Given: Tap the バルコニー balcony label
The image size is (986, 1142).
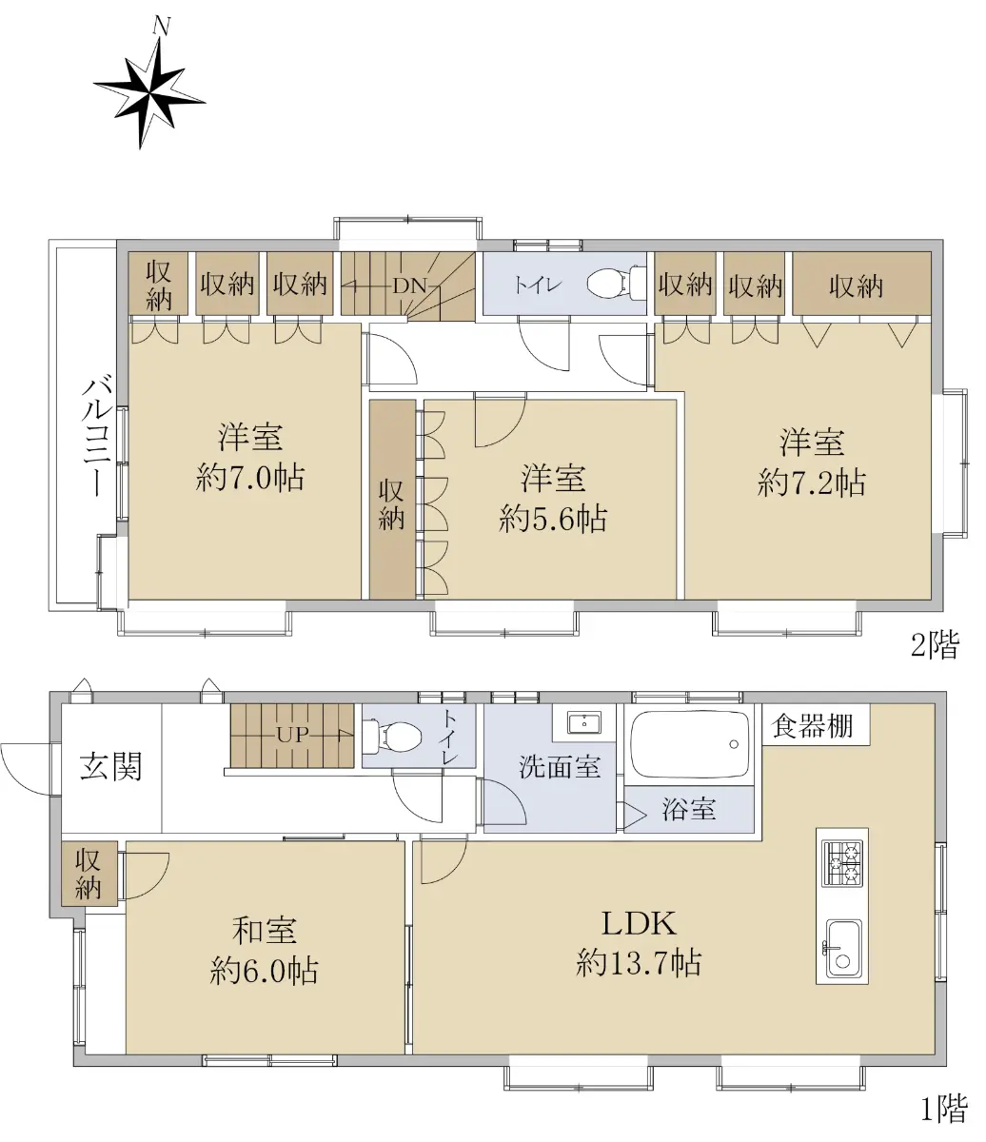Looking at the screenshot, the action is (x=98, y=438).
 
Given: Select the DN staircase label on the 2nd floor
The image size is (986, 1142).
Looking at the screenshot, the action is (x=409, y=285).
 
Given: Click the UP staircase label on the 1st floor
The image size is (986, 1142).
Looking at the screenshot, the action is (x=292, y=735).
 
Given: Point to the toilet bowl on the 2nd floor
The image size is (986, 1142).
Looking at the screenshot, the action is (x=617, y=284).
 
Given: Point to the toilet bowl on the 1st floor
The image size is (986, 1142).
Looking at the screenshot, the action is (x=393, y=736).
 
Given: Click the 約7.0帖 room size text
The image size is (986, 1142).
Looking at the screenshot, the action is (x=249, y=479).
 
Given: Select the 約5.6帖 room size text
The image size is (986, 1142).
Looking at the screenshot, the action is (x=553, y=519).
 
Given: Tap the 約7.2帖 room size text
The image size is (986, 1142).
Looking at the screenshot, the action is (x=811, y=482).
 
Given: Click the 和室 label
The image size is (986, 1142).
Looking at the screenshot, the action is (x=265, y=931).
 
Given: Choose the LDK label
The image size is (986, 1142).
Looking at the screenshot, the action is (x=639, y=924).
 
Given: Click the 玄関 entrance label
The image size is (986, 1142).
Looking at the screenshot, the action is (x=111, y=766).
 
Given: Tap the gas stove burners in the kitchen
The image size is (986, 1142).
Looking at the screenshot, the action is (x=842, y=863).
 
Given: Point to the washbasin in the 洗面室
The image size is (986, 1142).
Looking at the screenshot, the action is (x=584, y=722).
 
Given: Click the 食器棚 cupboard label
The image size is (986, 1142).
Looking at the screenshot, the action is (x=813, y=726).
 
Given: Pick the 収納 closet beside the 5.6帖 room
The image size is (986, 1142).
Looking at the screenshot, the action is (x=392, y=500).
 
